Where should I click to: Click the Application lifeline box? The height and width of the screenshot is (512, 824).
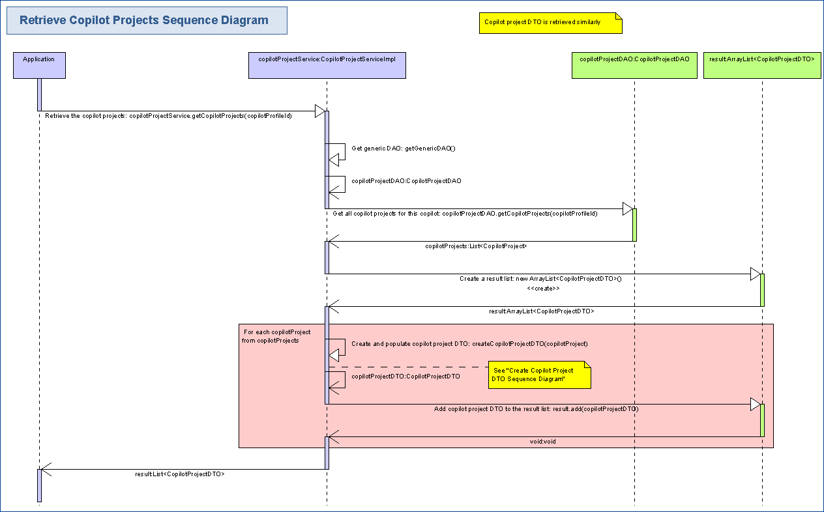coord(39,65)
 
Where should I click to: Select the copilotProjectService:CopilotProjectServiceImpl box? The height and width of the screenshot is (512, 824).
coord(327,65)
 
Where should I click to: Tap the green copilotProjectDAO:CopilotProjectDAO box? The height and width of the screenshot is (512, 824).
coord(634,65)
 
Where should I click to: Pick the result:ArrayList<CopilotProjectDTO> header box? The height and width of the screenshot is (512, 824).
coord(761,65)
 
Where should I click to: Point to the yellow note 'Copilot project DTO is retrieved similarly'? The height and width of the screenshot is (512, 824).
coord(550,23)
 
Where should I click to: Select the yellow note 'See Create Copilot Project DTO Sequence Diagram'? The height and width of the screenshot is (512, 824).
coord(539,375)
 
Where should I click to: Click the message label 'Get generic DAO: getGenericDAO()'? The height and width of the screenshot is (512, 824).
coord(403,149)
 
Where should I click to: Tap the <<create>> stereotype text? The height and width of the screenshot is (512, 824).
coord(543,288)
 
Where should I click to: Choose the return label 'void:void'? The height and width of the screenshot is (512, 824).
coord(542,442)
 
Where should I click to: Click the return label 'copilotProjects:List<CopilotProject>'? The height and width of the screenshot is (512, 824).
coord(476,246)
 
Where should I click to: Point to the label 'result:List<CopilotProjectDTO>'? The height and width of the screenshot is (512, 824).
coord(180,474)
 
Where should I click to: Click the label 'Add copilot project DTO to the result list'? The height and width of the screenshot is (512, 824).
coord(536,409)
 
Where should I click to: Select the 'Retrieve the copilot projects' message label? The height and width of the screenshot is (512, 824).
coord(168,116)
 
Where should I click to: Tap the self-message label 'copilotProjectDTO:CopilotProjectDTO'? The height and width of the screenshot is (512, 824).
coord(405,377)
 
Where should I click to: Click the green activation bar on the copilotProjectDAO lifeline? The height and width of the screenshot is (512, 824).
coord(634,225)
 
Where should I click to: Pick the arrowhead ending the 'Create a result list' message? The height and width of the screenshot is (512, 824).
coord(755,274)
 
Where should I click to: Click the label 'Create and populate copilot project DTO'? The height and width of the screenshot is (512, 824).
coord(469,344)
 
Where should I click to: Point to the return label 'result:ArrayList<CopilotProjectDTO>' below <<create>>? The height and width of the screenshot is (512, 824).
coord(541,311)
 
